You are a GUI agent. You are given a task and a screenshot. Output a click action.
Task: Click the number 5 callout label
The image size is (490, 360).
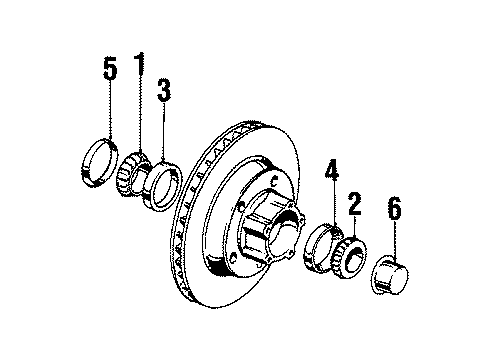point(111,71)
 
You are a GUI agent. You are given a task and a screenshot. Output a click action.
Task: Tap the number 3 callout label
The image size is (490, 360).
point(163,91)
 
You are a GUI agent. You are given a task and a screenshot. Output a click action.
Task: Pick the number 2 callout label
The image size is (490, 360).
point(353,206)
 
